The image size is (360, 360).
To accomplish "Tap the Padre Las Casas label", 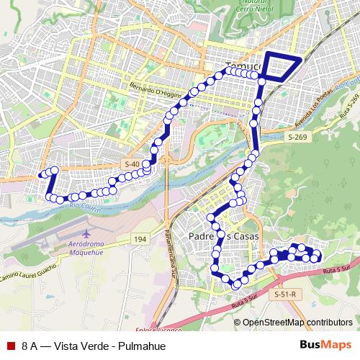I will point(223,236).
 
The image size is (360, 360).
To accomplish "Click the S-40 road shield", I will point(132,164).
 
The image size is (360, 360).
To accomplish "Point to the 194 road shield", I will point(140,238).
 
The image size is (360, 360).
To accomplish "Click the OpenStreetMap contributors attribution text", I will point(297,322).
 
